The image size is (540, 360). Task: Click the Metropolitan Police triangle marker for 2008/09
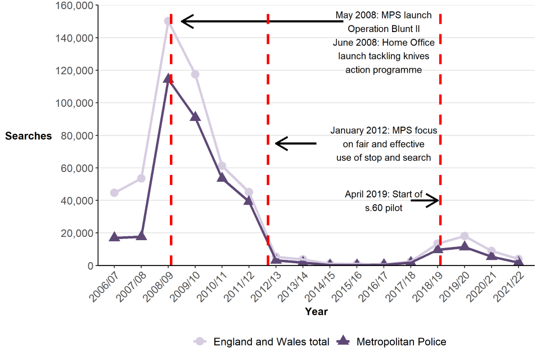[168, 79]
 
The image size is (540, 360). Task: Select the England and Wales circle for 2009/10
[195, 74]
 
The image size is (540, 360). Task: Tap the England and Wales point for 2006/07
[114, 193]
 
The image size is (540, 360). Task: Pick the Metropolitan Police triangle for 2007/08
[141, 236]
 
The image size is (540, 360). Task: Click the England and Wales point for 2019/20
[465, 236]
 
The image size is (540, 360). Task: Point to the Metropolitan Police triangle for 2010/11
[222, 177]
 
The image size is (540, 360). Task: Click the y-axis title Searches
[28, 136]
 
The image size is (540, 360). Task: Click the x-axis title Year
[316, 311]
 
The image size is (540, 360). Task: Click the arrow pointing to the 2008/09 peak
[259, 21]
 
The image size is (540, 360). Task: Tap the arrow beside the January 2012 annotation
[295, 143]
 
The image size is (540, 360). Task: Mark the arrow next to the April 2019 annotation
[425, 200]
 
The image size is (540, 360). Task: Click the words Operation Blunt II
[384, 29]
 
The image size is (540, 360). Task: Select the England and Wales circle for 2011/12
[249, 192]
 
